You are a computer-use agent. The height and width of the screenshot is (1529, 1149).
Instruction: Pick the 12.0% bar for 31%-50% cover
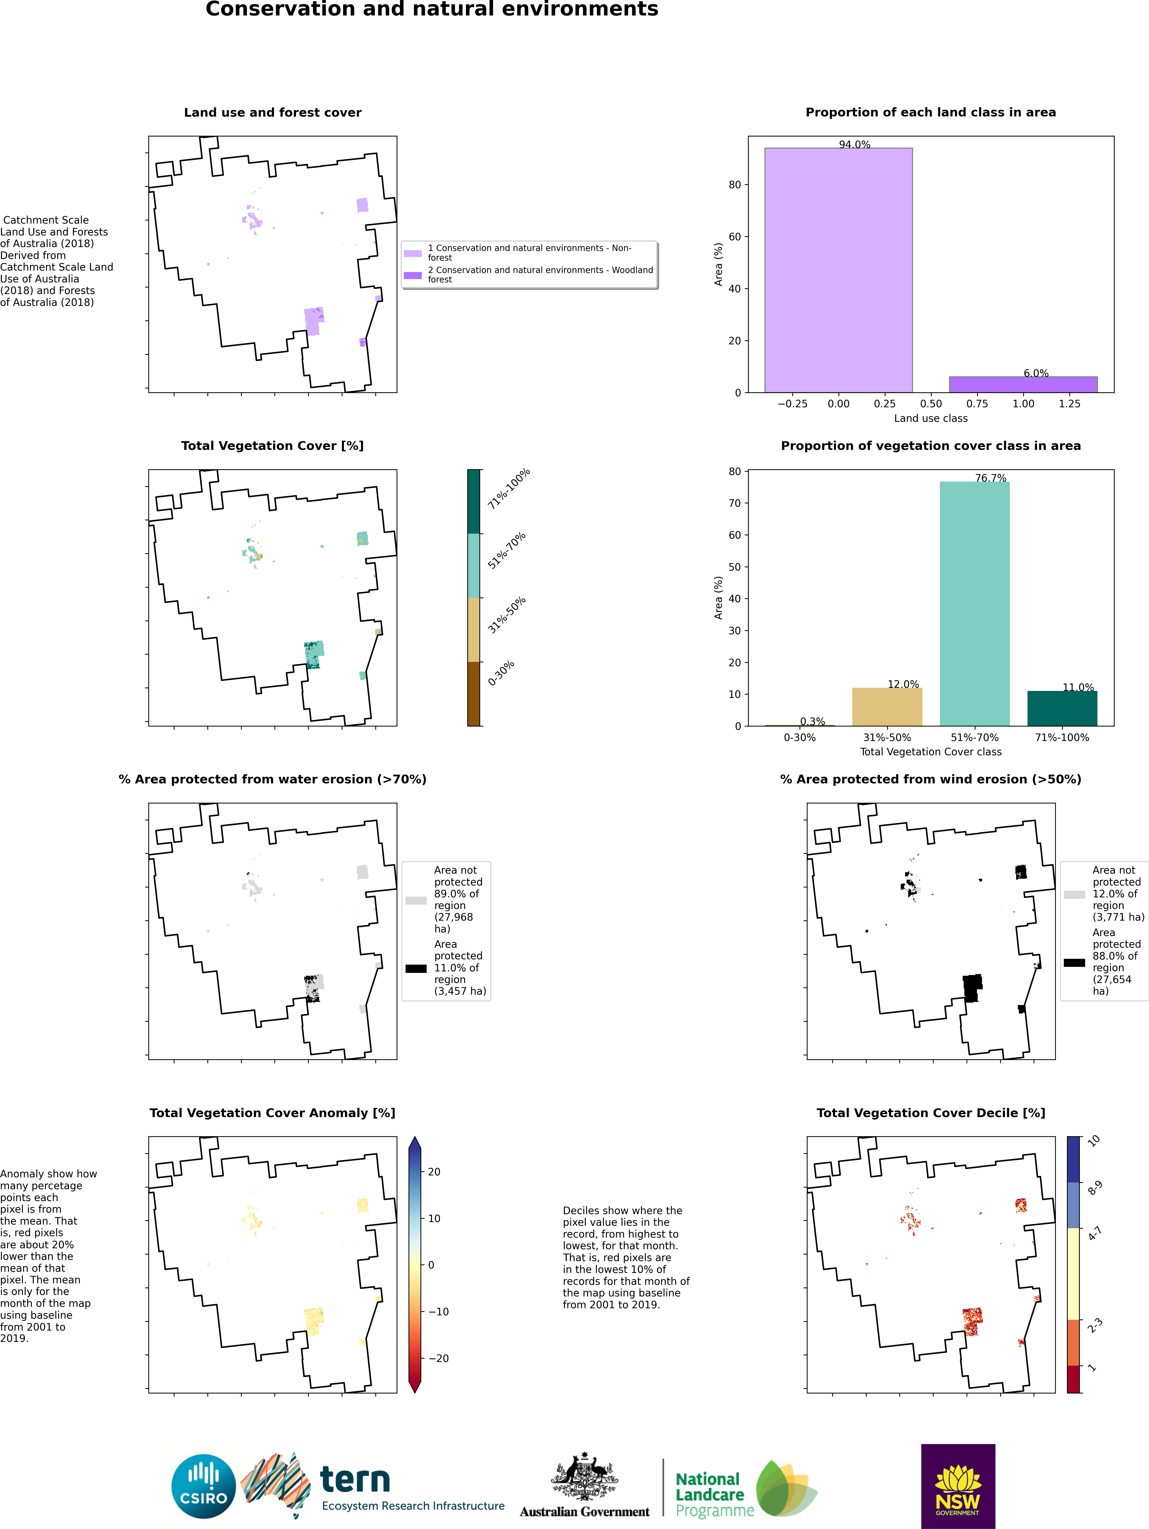(x=887, y=706)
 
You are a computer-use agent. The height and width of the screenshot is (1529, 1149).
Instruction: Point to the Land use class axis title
(x=930, y=418)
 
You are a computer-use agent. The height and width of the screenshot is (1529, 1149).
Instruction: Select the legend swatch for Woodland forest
(x=413, y=275)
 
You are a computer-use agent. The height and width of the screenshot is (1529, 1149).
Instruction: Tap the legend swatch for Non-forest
(x=413, y=253)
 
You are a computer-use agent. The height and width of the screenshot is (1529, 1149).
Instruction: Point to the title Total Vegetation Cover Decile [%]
(x=930, y=1113)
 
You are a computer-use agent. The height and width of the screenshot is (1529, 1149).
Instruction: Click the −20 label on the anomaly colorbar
(x=438, y=1358)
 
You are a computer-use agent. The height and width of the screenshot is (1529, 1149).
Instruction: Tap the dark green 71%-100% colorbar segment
(x=474, y=501)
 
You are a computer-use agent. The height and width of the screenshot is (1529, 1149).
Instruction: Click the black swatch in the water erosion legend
(x=416, y=969)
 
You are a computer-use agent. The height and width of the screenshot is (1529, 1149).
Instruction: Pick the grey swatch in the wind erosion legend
(x=1074, y=894)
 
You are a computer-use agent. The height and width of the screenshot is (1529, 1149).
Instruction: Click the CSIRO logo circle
(x=204, y=1486)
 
